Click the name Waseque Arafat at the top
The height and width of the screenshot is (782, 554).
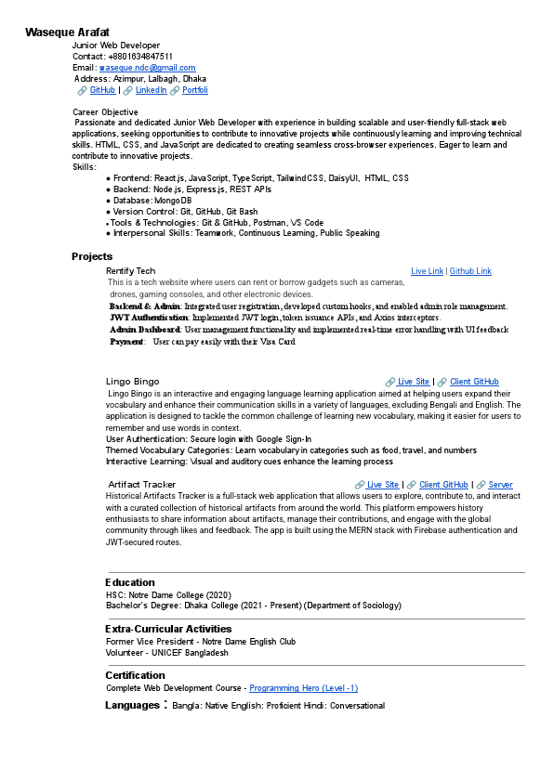[68, 33]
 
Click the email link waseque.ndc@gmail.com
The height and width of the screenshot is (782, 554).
[147, 68]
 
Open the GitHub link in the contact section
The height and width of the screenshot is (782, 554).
[102, 90]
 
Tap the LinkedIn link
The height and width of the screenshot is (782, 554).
[151, 90]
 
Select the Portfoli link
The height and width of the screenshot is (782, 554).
[195, 90]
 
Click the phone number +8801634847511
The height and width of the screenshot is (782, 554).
[139, 57]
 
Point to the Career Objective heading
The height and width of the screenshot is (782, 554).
[105, 112]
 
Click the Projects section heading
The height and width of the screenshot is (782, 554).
[92, 256]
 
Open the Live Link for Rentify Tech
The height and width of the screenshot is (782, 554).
[427, 271]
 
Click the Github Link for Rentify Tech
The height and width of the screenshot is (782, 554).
[470, 271]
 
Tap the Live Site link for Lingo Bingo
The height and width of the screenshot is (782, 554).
[414, 382]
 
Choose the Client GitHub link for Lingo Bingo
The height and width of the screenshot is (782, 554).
[474, 382]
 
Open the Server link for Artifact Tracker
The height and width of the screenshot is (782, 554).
[500, 485]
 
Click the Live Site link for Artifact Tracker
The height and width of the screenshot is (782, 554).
[383, 485]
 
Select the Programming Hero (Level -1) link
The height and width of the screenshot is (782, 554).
[303, 688]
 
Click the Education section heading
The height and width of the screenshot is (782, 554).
[130, 582]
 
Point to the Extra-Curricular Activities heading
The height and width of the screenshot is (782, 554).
[168, 629]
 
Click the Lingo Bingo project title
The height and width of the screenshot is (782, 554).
[132, 382]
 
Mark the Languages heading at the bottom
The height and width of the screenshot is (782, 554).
[132, 705]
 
